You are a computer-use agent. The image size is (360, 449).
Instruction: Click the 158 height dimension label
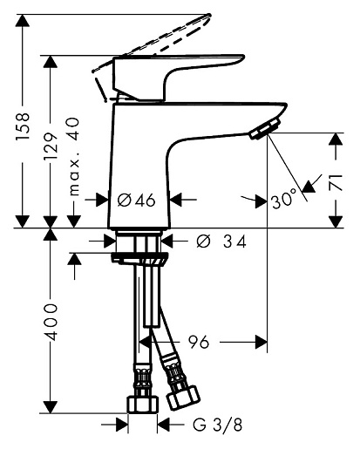[23, 126]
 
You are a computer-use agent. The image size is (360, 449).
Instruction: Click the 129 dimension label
[51, 146]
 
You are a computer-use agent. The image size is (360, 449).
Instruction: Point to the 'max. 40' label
[72, 156]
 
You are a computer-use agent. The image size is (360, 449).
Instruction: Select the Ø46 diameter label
[136, 201]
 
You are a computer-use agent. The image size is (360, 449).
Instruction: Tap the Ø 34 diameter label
[221, 241]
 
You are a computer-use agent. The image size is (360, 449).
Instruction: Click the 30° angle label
[284, 201]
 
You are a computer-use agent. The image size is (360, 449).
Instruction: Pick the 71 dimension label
[336, 183]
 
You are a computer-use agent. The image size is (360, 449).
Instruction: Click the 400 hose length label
[51, 323]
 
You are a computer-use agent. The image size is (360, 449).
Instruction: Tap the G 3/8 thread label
[217, 425]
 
